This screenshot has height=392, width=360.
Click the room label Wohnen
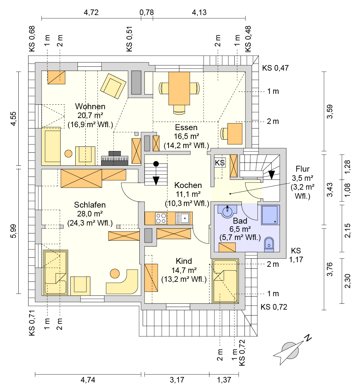tap(90, 107)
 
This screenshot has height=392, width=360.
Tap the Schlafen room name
tap(90, 205)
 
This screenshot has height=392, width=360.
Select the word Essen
tap(186, 128)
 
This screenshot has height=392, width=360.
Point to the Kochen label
tap(188, 185)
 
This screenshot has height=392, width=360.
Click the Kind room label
tap(184, 261)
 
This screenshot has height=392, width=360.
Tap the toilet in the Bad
tap(269, 244)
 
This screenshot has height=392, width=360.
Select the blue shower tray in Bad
tap(270, 215)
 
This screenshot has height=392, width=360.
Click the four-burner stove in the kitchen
tap(161, 218)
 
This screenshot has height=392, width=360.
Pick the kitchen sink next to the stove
tap(182, 218)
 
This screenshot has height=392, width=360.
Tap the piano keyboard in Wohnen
tap(115, 159)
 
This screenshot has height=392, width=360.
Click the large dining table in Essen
tap(179, 89)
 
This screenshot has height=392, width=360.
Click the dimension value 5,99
tap(13, 231)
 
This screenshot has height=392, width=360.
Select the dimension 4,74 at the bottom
tap(88, 380)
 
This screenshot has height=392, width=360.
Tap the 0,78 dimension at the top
tap(147, 12)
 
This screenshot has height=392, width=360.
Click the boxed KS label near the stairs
tap(220, 163)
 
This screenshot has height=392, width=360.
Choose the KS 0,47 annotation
tap(276, 68)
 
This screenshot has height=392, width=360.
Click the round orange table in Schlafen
tap(115, 274)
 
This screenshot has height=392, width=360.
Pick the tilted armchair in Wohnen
tap(113, 86)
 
